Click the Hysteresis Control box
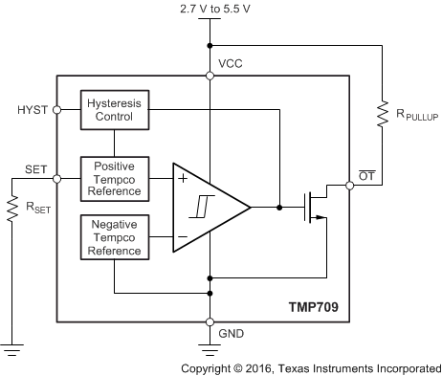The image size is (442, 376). [114, 111]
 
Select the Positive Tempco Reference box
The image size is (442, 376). [114, 178]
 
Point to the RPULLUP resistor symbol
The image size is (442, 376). [382, 113]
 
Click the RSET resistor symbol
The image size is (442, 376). [13, 209]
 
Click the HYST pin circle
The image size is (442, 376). [57, 109]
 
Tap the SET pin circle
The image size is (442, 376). [57, 179]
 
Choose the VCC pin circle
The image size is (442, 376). [209, 74]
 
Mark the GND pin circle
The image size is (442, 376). [209, 321]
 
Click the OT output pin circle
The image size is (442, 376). [349, 186]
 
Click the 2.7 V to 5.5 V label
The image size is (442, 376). [209, 10]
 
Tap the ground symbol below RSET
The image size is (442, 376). [13, 350]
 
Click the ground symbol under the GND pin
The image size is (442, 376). [209, 350]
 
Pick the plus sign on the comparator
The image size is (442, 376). [182, 179]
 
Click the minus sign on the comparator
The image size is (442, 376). [182, 235]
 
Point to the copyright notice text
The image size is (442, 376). [311, 366]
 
